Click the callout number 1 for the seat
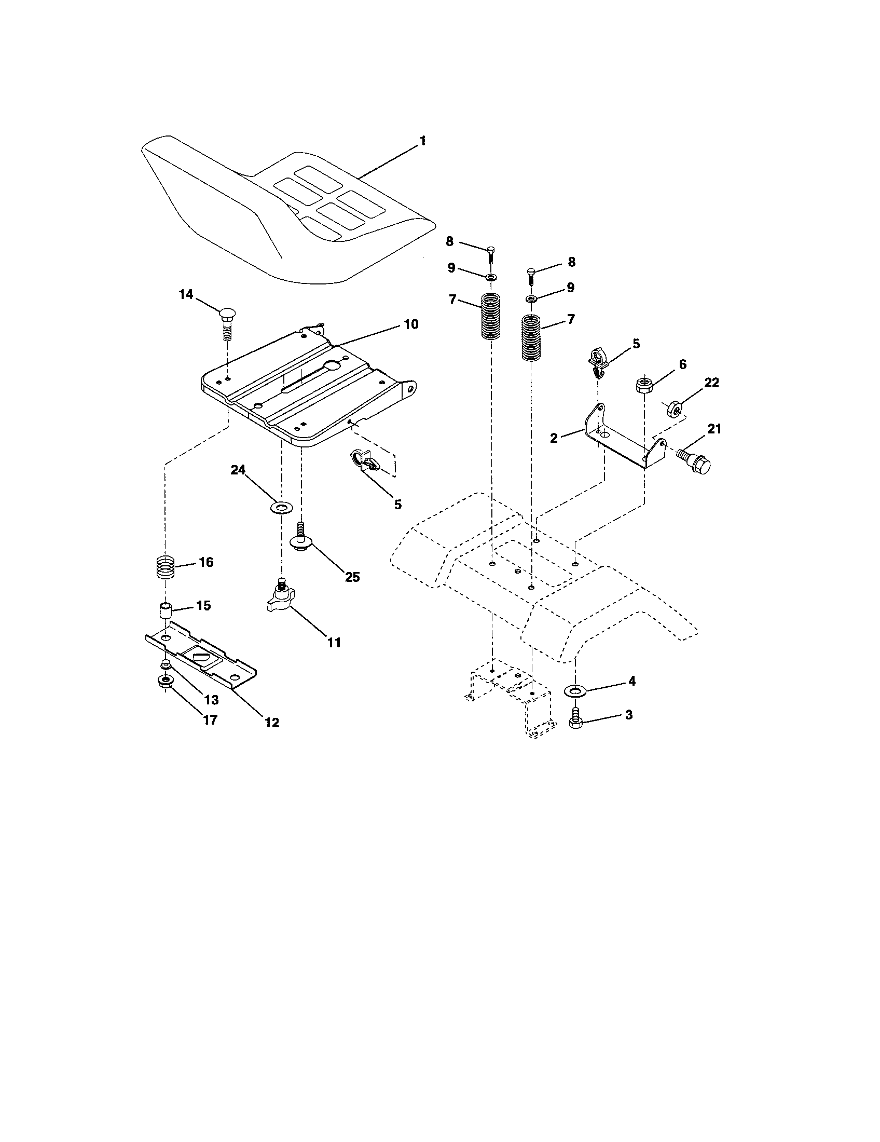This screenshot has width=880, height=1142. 422,141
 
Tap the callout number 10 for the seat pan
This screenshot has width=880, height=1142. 411,324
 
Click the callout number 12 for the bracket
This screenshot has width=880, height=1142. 272,723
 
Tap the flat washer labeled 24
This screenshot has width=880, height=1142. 282,507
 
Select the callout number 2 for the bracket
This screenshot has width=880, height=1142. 554,438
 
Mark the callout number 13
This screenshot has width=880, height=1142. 211,700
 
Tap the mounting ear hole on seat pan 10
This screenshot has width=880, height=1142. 411,388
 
